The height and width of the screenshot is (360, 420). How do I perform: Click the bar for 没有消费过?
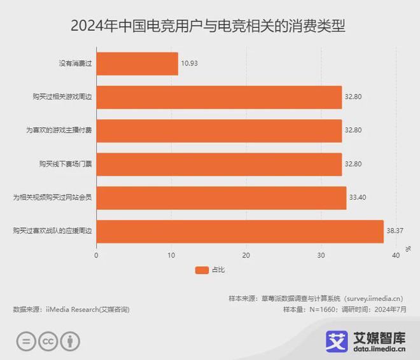tap(137, 64)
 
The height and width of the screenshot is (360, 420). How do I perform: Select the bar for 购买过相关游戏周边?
tap(219, 97)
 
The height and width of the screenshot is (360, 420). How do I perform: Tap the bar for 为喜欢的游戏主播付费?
tap(219, 130)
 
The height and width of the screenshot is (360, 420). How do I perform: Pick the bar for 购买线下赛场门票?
tap(219, 164)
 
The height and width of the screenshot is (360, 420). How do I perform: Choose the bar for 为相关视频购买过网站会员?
tap(221, 198)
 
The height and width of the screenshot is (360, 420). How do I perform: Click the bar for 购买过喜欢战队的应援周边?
tap(240, 231)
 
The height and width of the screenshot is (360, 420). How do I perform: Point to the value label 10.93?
tap(190, 64)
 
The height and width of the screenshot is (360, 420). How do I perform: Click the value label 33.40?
tap(358, 198)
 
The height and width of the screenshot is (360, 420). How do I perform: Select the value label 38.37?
tap(395, 231)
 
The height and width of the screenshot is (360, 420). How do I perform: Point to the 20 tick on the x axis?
tap(246, 255)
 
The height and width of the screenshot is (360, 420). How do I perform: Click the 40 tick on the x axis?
tap(396, 255)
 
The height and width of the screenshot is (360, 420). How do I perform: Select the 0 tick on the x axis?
tap(96, 255)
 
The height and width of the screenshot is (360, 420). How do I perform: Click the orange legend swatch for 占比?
tap(201, 270)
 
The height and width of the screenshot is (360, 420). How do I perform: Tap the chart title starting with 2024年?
tap(210, 27)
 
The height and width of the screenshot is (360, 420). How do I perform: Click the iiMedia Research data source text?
tap(71, 309)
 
